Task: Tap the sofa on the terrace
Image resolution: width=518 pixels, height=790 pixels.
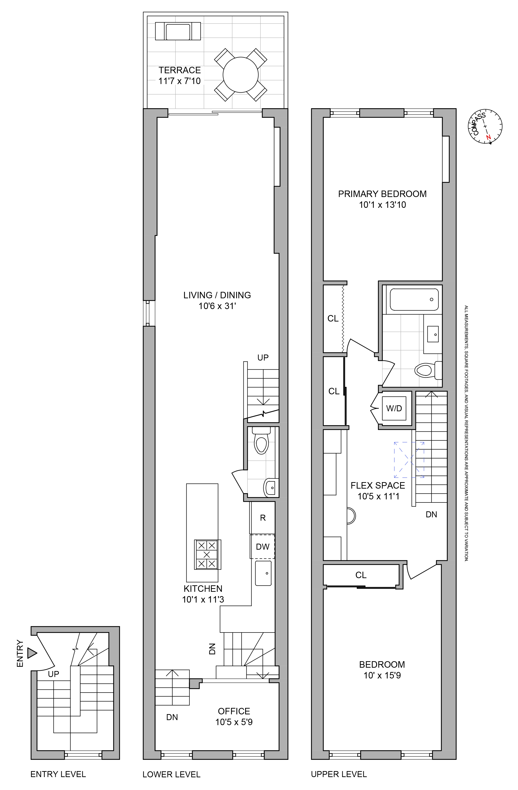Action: (178, 31)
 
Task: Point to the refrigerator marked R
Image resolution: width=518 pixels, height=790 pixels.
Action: (263, 518)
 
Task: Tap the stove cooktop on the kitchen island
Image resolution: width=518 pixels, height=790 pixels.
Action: (207, 555)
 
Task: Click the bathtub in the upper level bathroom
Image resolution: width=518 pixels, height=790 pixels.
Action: (414, 299)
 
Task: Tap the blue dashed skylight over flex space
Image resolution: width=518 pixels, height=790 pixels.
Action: (409, 460)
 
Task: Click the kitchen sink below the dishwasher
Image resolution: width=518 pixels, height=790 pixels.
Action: (263, 573)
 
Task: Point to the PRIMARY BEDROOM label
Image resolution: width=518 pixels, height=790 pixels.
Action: (382, 194)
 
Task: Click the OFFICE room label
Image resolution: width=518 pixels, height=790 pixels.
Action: (234, 711)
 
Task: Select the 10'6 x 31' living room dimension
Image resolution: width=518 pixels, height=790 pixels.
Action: (217, 306)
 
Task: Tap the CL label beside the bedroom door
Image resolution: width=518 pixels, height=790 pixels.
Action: (361, 575)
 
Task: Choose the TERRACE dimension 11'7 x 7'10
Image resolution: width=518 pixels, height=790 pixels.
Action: (179, 81)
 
